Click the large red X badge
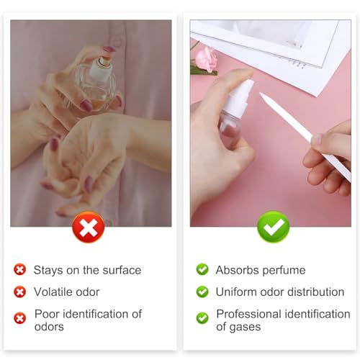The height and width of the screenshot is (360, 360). click(x=89, y=227)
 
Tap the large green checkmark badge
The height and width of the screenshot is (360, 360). click(x=273, y=227)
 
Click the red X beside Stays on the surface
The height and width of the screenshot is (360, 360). click(x=20, y=269)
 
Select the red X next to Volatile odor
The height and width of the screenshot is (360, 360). click(x=20, y=292)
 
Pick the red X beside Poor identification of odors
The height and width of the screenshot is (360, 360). click(x=20, y=318)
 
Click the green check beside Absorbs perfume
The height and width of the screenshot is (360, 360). click(x=202, y=269)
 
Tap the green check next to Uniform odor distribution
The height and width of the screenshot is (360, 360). click(x=202, y=292)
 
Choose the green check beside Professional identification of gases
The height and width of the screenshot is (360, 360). click(x=202, y=318)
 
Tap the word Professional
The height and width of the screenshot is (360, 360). click(x=248, y=314)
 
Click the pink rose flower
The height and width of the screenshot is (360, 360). click(x=206, y=60)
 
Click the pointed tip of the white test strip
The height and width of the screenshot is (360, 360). click(x=261, y=94)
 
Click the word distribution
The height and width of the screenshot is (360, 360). click(x=315, y=292)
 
